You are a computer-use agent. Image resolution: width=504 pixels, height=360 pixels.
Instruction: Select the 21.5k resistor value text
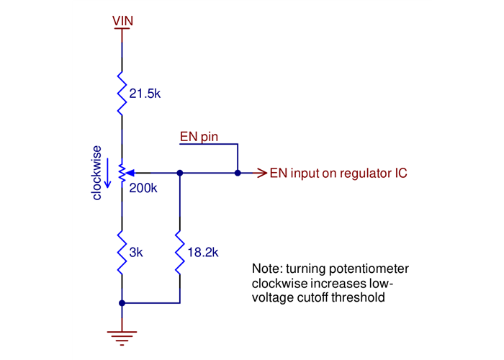point(144,93)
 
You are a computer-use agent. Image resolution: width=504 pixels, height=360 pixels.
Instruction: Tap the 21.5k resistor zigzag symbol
point(122,92)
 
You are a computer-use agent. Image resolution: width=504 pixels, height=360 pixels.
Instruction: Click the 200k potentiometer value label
point(143,189)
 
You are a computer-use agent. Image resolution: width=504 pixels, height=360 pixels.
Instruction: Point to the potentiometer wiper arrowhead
point(130,173)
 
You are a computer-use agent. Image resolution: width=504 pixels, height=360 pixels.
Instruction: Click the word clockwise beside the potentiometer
point(97,173)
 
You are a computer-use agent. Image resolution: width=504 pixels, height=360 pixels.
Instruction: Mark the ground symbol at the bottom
point(122,333)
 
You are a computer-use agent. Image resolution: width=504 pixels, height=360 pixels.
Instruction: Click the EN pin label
point(199,136)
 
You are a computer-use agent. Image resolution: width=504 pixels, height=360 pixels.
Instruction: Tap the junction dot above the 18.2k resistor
point(179,173)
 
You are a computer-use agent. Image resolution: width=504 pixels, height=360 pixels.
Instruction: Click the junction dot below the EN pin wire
point(237,173)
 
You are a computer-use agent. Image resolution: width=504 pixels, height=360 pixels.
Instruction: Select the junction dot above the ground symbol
point(122,303)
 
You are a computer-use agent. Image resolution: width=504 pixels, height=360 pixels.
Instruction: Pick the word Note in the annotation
point(265,269)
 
